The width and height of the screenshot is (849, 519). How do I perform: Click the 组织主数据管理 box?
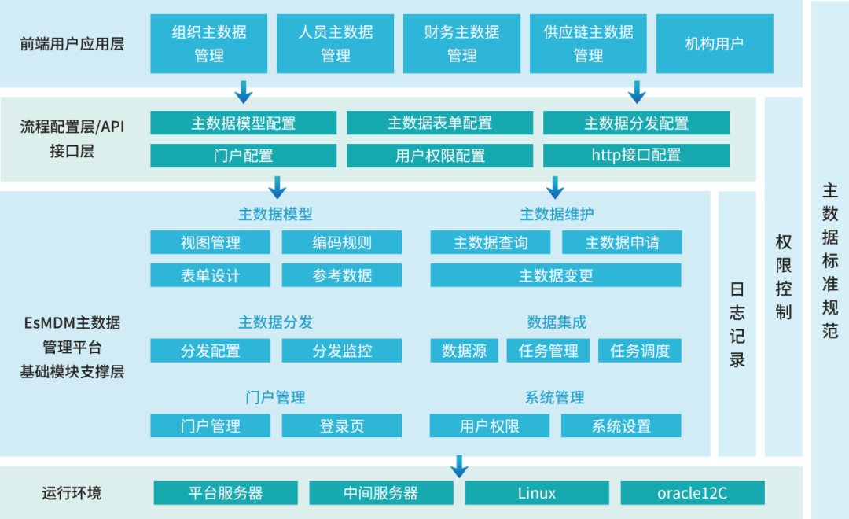pyautogui.click(x=209, y=43)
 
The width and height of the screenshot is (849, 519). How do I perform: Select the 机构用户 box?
pyautogui.click(x=714, y=43)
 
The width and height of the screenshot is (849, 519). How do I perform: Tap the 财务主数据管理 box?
pyautogui.click(x=461, y=43)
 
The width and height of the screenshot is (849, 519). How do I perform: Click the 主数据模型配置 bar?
pyautogui.click(x=243, y=123)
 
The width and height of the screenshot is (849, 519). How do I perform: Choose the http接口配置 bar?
pyautogui.click(x=636, y=155)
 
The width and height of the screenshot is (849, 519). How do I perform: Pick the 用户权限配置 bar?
pyautogui.click(x=439, y=155)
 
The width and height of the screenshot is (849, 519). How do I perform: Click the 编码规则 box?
pyautogui.click(x=341, y=242)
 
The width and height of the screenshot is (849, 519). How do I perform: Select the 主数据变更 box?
pyautogui.click(x=556, y=275)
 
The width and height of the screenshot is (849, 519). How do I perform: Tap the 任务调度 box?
pyautogui.click(x=640, y=351)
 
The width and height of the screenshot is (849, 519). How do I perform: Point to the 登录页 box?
pyautogui.click(x=341, y=426)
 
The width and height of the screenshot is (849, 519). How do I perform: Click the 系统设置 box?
pyautogui.click(x=621, y=426)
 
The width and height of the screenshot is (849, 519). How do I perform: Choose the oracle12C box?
pyautogui.click(x=692, y=493)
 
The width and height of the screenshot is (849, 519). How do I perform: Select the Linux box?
pyautogui.click(x=537, y=493)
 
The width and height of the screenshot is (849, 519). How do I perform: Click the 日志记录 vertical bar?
pyautogui.click(x=737, y=324)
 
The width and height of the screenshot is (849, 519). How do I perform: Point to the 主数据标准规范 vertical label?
pyautogui.click(x=830, y=259)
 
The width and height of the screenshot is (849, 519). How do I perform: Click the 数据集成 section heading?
pyautogui.click(x=556, y=322)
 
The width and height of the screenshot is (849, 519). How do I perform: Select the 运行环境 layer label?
pyautogui.click(x=72, y=493)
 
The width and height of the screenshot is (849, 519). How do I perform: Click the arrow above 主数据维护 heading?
pyautogui.click(x=556, y=187)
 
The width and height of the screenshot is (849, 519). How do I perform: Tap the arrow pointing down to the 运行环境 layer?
pyautogui.click(x=459, y=466)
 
